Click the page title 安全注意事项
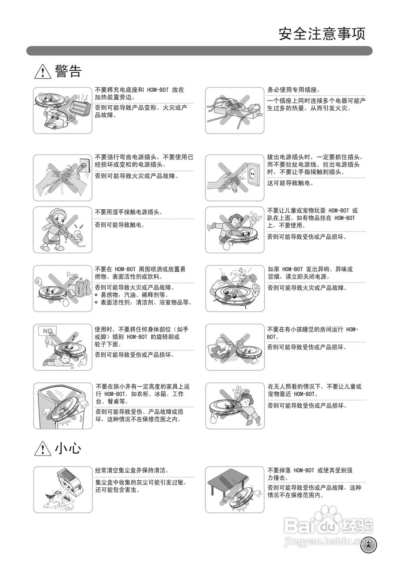321,34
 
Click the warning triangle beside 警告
43,71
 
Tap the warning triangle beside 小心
43,449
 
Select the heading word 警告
68,71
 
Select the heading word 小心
68,449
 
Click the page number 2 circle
368,544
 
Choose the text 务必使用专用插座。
294,90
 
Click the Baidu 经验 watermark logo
328,524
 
